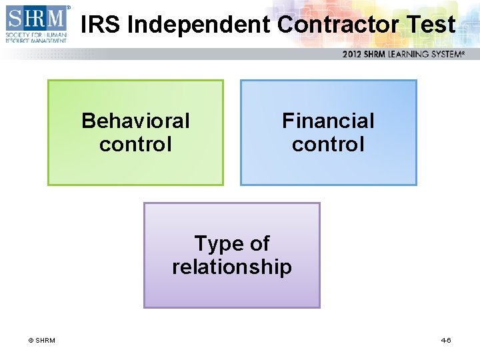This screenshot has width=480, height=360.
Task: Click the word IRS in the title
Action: (x=100, y=25)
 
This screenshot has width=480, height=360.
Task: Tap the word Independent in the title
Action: (x=199, y=25)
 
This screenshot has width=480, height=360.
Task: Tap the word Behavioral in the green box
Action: (x=135, y=121)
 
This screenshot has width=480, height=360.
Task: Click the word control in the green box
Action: (x=135, y=143)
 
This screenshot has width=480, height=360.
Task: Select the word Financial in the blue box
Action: (x=328, y=121)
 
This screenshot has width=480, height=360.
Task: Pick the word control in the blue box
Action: (x=328, y=143)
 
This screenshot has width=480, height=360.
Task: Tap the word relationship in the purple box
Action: (x=232, y=267)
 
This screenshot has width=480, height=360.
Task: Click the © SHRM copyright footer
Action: (x=41, y=341)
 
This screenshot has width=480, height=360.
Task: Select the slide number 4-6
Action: (x=446, y=341)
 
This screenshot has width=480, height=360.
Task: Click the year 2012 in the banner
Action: (x=353, y=54)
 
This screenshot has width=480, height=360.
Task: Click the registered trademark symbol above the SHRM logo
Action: (x=68, y=7)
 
